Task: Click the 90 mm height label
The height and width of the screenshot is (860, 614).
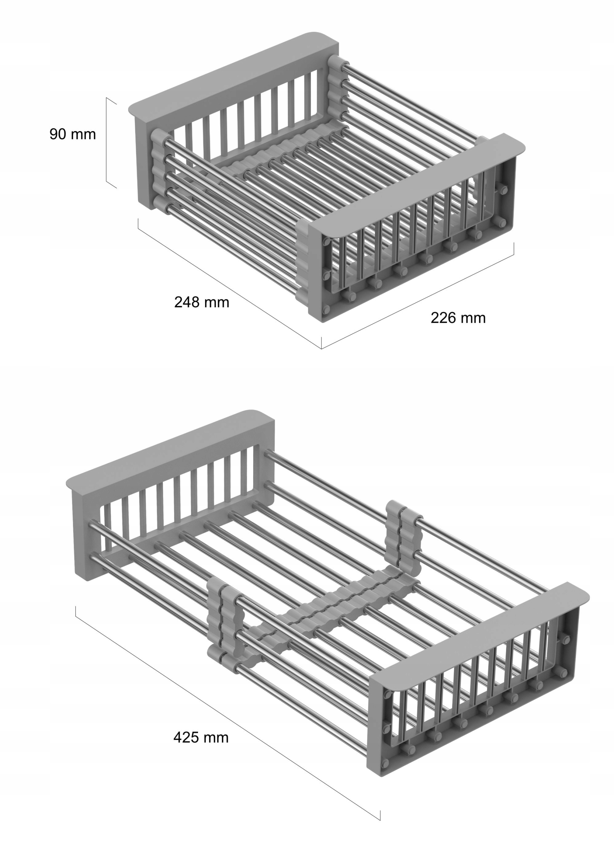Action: coord(73,134)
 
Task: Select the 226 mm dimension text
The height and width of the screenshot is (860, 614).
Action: coord(458,318)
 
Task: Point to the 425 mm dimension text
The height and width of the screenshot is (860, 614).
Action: coord(201,737)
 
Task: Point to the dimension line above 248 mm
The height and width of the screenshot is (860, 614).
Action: coord(230,283)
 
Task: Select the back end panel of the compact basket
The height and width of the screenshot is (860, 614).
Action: coord(234,117)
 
